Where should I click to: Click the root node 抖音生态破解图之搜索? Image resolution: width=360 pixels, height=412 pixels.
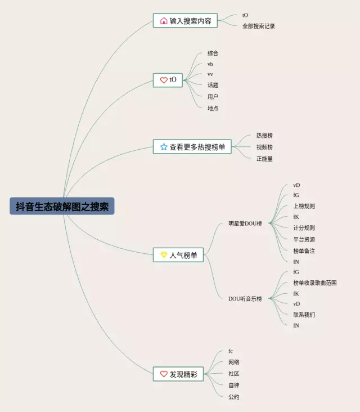click(62, 206)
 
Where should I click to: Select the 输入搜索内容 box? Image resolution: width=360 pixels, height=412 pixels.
click(184, 21)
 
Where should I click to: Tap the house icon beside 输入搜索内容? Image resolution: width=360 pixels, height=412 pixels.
click(164, 21)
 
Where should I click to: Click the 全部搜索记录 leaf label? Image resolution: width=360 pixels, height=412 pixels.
click(259, 26)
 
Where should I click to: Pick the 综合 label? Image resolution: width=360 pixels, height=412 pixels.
click(213, 53)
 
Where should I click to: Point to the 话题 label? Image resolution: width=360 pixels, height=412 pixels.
click(213, 85)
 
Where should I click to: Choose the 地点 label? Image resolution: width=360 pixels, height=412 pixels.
click(213, 108)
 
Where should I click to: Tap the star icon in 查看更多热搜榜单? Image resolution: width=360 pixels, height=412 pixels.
click(164, 147)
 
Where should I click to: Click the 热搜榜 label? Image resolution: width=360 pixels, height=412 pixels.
click(264, 136)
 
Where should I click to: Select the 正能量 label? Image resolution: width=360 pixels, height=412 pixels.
click(264, 159)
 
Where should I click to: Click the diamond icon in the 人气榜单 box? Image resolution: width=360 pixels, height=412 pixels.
click(164, 255)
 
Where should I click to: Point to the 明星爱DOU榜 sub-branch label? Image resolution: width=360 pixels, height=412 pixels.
click(245, 223)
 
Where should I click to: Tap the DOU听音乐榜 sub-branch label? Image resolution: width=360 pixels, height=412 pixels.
click(245, 298)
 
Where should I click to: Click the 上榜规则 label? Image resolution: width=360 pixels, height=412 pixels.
click(304, 206)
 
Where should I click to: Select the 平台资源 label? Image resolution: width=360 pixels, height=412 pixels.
click(304, 239)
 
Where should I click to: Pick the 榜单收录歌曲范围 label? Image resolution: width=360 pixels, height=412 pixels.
click(315, 283)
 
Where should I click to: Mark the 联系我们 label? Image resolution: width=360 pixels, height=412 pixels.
click(304, 315)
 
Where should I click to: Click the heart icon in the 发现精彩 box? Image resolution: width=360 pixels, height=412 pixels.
click(164, 374)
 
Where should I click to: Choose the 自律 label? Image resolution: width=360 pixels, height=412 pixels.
click(234, 386)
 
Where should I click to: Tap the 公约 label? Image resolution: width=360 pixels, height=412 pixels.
click(234, 397)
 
